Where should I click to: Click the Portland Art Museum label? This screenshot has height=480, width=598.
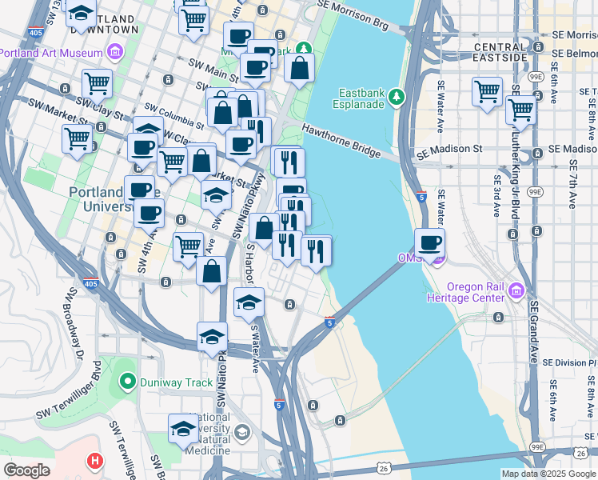click(51, 53)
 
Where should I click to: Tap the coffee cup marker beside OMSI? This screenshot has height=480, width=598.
click(430, 243)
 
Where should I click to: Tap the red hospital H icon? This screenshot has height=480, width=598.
click(95, 462)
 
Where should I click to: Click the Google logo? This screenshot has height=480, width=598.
click(26, 470)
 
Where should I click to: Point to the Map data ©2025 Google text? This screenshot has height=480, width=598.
click(548, 474)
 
